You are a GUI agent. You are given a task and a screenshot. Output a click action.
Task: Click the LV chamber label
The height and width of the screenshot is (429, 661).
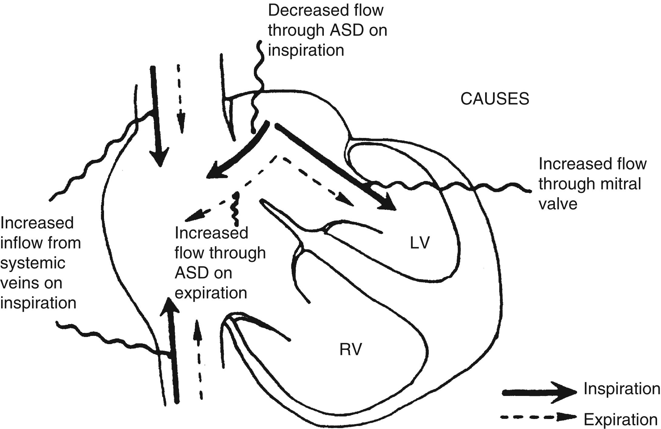click(420, 243)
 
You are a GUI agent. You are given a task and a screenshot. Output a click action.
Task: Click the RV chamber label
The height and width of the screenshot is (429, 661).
click(351, 349)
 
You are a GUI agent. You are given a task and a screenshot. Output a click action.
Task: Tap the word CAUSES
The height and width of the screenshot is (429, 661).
click(495, 99)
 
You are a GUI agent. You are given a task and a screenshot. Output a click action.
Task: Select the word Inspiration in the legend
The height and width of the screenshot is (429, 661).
click(622, 389)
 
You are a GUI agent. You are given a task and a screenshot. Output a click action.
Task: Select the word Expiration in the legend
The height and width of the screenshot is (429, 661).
click(620, 420)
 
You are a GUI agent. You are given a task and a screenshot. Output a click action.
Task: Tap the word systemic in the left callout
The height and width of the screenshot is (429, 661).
click(33, 263)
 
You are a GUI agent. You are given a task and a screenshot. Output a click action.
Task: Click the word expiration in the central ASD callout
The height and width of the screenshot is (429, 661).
click(211, 293)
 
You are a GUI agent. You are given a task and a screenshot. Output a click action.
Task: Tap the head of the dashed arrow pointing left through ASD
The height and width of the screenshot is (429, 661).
click(192, 216)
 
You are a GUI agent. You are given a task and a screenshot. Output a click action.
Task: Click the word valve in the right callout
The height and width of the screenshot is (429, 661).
click(558, 204)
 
